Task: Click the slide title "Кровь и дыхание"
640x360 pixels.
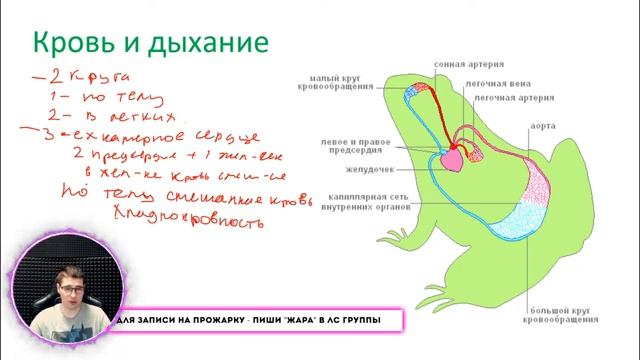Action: point(151,43)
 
